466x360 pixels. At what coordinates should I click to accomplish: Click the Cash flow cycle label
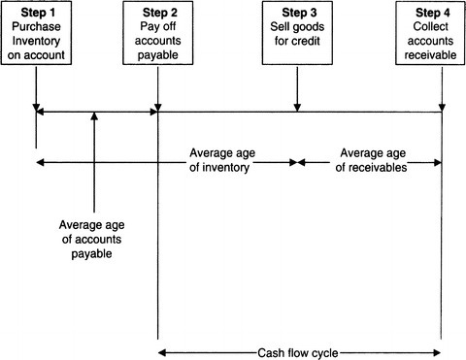coord(299,352)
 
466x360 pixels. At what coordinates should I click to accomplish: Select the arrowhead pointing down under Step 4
coord(443,108)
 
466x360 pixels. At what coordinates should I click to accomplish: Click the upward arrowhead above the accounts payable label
coord(94,118)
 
